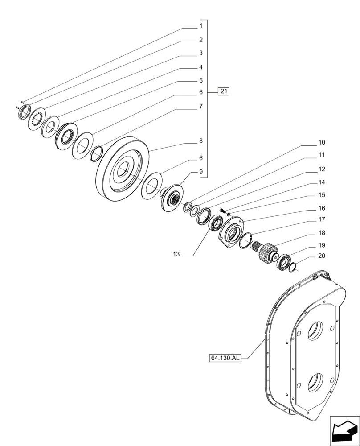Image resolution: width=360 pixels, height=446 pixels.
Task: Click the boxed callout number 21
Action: (223, 92)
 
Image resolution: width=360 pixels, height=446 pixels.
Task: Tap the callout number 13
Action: (176, 254)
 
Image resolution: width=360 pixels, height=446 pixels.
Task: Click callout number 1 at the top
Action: (201, 26)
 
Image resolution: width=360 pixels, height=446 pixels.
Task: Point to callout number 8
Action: (201, 141)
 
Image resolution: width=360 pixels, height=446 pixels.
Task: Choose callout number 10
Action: (322, 143)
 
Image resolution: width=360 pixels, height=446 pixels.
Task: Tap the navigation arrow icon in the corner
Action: (344, 430)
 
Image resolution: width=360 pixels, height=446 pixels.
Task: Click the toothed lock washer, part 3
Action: (37, 120)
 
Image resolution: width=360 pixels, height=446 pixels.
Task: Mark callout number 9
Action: (201, 172)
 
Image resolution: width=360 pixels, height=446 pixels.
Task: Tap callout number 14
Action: (322, 182)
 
